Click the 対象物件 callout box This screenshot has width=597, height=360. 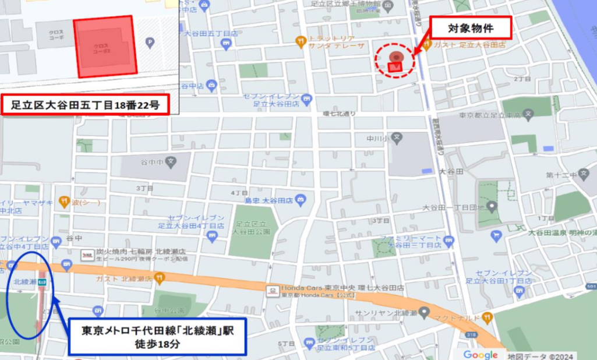point(471,27)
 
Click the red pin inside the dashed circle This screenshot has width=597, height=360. point(395,58)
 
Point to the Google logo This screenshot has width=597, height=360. point(481,355)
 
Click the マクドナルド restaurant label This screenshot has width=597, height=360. point(459,317)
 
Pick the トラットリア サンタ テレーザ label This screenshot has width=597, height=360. point(336,41)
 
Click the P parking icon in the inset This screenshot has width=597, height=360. point(150,42)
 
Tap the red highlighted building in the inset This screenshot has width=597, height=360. point(105,47)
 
